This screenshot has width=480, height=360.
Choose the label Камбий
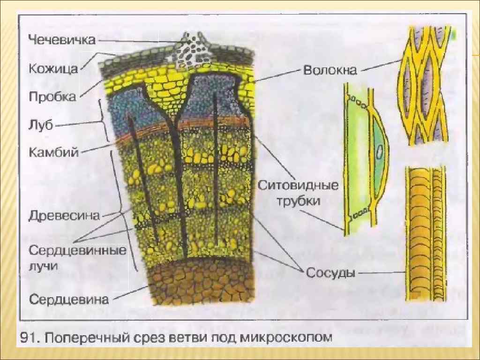click(53, 152)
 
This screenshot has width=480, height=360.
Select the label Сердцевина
click(69, 299)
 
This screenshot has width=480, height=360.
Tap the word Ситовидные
click(298, 186)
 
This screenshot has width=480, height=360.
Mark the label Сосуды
click(329, 272)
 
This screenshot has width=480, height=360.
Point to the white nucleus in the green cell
click(380, 152)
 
